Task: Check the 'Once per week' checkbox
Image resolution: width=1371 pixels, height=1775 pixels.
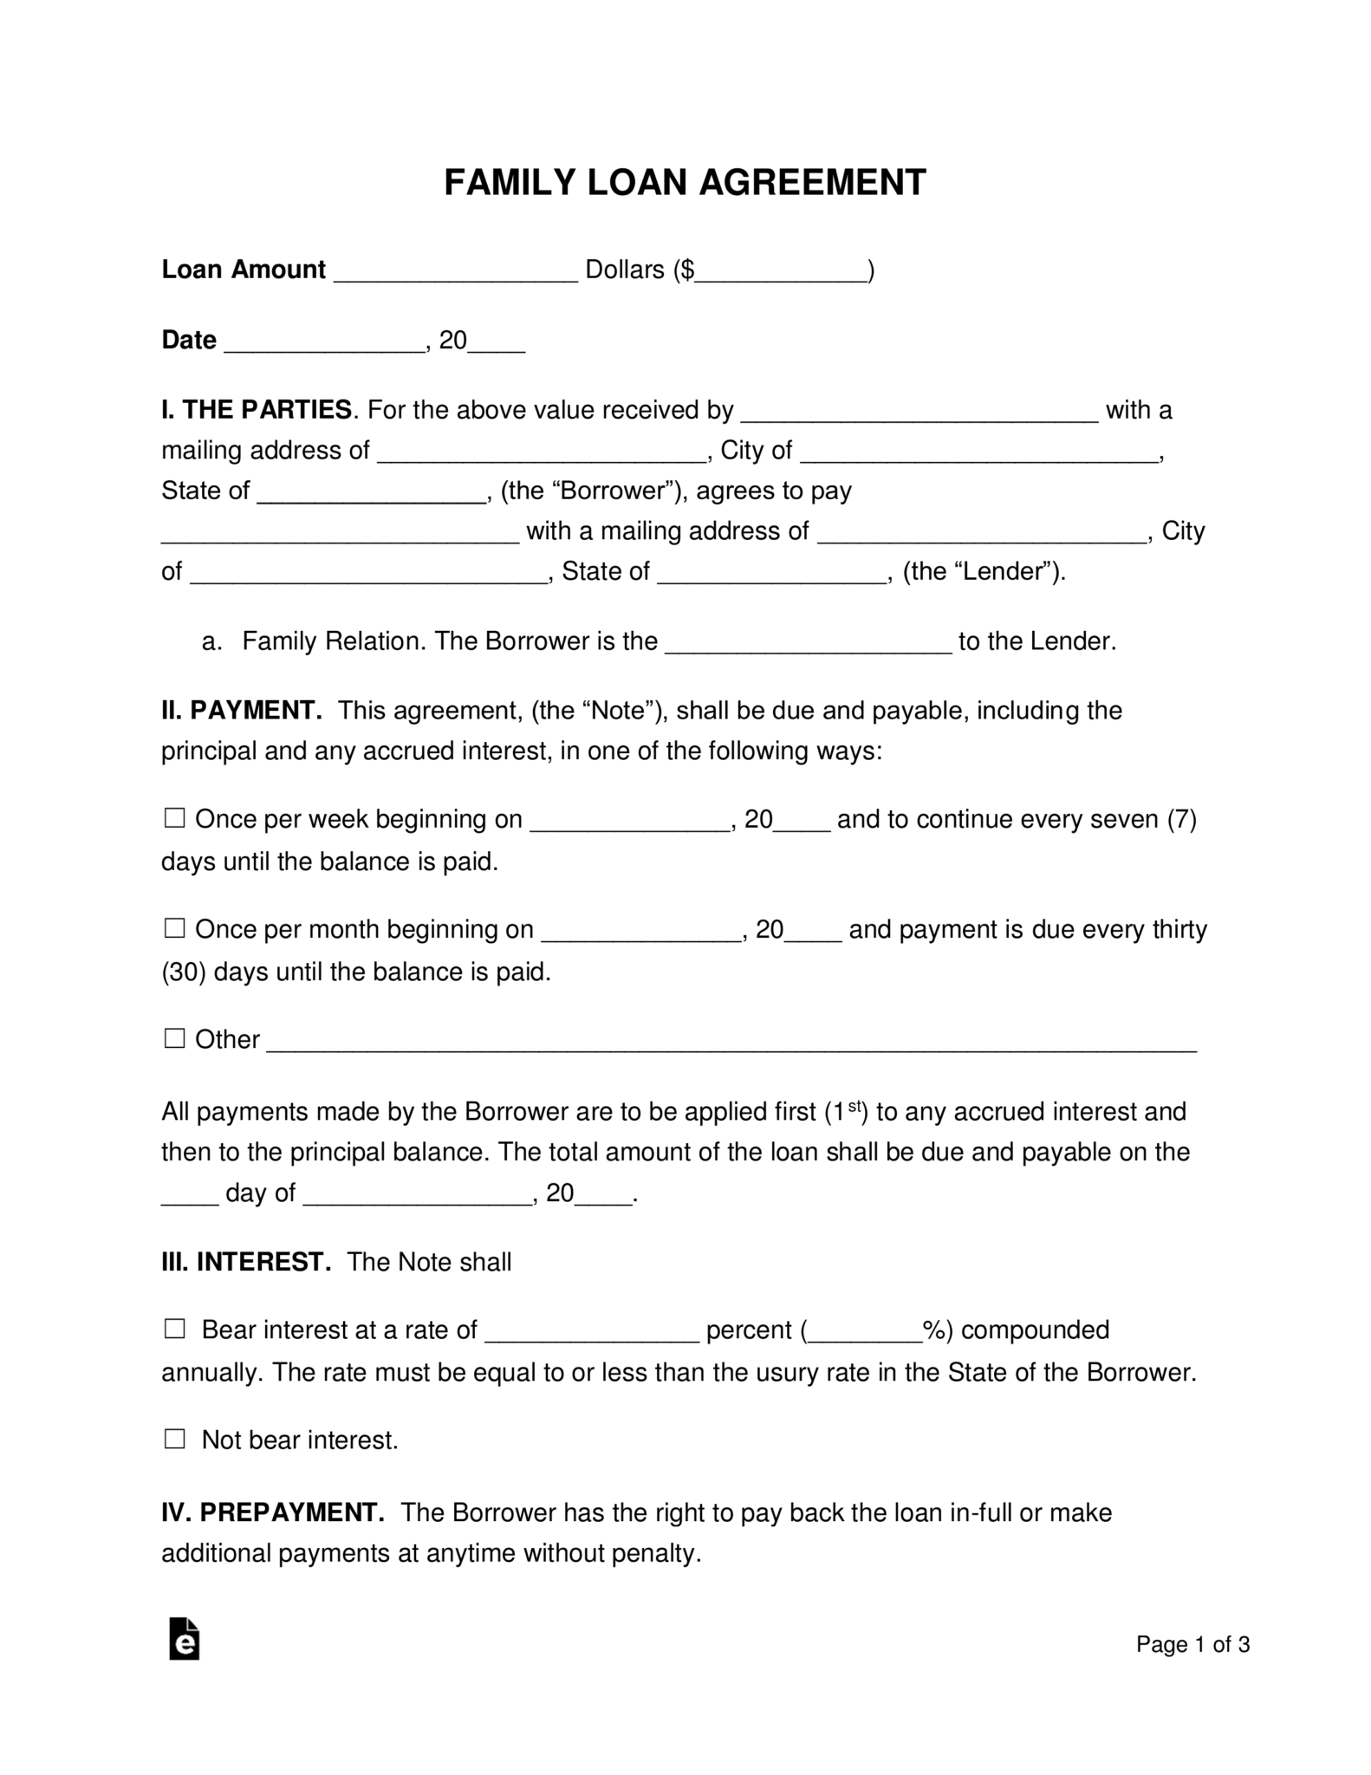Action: coord(175,817)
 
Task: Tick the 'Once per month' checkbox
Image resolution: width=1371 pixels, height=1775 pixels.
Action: coord(175,927)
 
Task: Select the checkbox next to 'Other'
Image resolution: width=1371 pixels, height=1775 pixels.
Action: coord(175,1037)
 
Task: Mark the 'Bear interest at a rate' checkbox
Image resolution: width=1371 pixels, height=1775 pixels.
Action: coord(175,1328)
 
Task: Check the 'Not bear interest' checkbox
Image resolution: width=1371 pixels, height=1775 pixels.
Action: coord(175,1439)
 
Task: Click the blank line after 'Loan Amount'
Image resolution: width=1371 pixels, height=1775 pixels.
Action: coord(455,270)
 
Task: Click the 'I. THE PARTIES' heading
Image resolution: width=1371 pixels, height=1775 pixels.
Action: coord(257,409)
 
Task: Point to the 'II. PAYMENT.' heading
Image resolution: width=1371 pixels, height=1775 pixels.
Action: coord(242,710)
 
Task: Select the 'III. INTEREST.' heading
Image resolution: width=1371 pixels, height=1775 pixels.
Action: coord(246,1261)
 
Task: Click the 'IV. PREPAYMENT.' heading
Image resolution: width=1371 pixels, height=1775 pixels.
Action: coord(273,1512)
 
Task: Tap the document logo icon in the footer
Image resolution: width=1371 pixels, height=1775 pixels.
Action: coord(184,1638)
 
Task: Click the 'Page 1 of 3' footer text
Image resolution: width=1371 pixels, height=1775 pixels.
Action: coord(1192,1644)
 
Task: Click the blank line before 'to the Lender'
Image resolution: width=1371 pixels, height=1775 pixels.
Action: coord(808,642)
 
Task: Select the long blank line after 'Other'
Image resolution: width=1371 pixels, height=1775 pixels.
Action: coord(731,1040)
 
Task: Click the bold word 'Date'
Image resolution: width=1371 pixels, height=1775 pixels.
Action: coord(189,340)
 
